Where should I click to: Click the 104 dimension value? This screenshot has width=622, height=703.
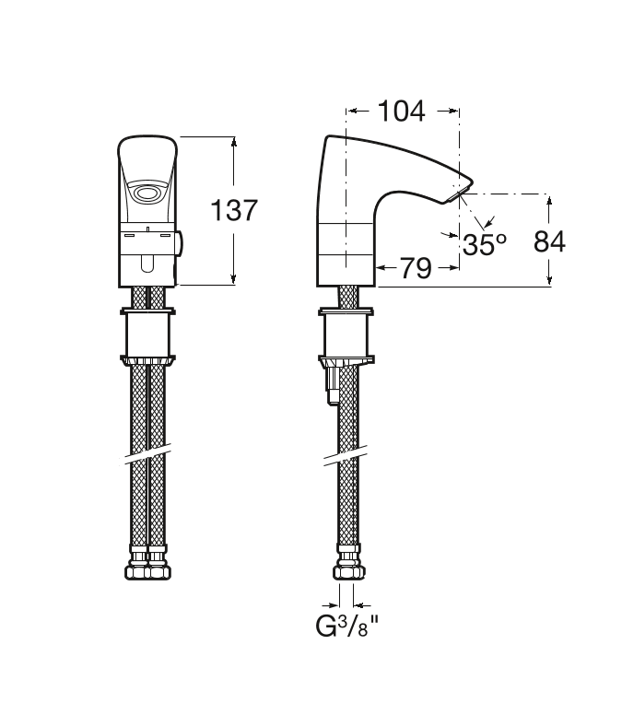pos(402,111)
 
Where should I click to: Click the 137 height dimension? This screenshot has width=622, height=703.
pos(234,210)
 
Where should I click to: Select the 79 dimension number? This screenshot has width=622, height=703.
pos(416,268)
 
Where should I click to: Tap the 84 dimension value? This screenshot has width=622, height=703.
pos(549,241)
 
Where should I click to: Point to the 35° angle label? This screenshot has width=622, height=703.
pos(485,244)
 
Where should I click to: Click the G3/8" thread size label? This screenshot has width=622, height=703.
pos(346,626)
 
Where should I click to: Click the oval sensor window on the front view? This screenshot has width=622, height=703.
pos(146,194)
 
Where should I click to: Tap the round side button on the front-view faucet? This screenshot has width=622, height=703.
pos(179,243)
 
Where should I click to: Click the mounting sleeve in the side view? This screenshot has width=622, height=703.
pos(346,334)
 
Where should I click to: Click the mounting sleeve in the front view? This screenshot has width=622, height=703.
pos(147,334)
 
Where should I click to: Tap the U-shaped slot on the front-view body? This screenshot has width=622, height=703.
pos(147,264)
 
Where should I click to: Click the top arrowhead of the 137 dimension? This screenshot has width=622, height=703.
pos(233,142)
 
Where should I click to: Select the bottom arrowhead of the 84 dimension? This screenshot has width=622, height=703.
pos(550,280)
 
